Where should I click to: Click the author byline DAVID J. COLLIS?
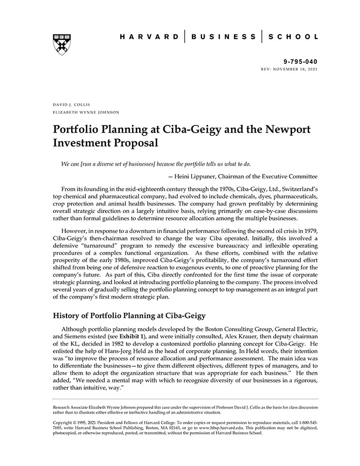click(71, 104)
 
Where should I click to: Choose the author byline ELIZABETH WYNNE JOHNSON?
click(85, 112)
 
